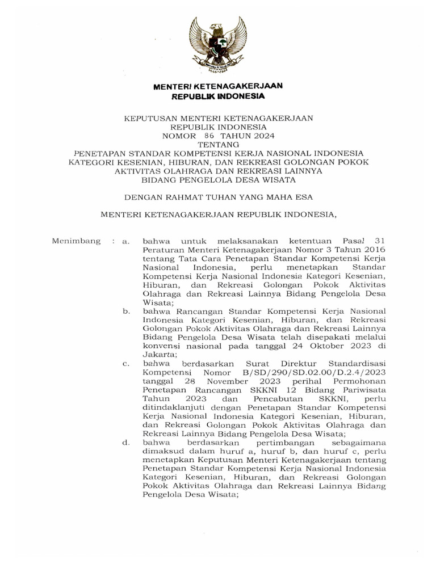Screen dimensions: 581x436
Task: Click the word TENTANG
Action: pyautogui.click(x=219, y=145)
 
